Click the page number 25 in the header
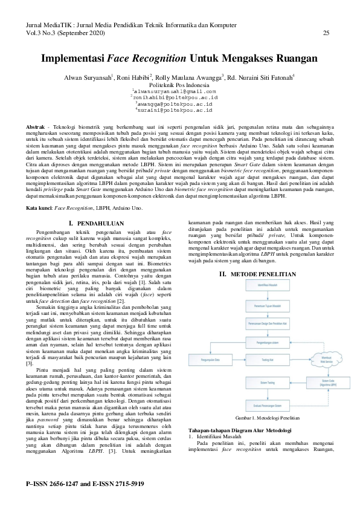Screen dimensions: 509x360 pyautogui.click(x=326, y=33)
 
